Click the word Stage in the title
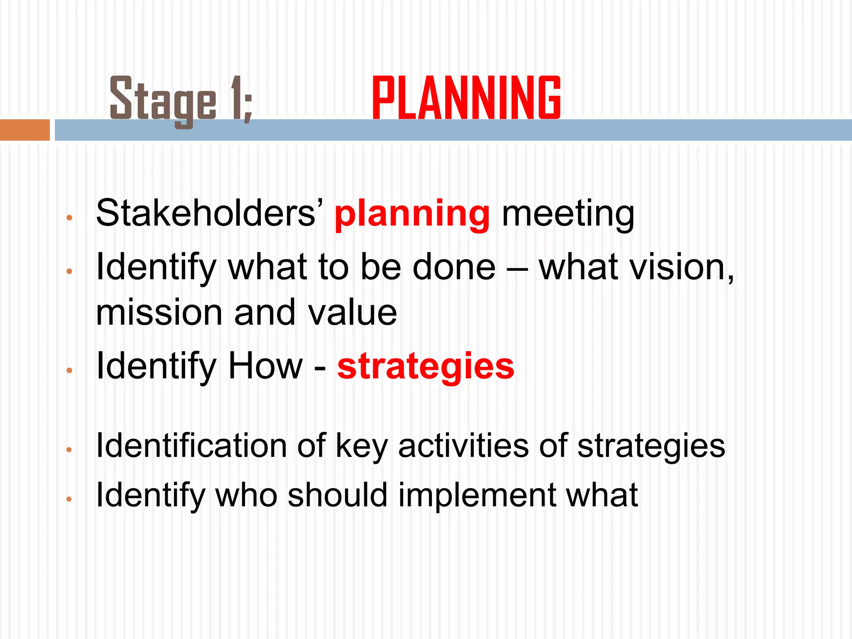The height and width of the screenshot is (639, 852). point(163,100)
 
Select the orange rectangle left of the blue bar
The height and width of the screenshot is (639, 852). point(25,130)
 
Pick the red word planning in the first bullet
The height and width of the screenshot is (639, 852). point(412,215)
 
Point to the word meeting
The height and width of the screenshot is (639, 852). point(568,215)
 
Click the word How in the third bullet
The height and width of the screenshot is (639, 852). point(265,366)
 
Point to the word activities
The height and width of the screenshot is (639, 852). point(463,446)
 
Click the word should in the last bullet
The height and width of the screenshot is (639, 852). point(337,495)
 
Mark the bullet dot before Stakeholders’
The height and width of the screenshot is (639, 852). point(69,218)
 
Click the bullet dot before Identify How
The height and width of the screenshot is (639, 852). point(69,370)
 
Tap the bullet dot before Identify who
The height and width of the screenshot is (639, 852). point(69,499)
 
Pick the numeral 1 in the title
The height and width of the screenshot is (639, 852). point(236,98)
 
